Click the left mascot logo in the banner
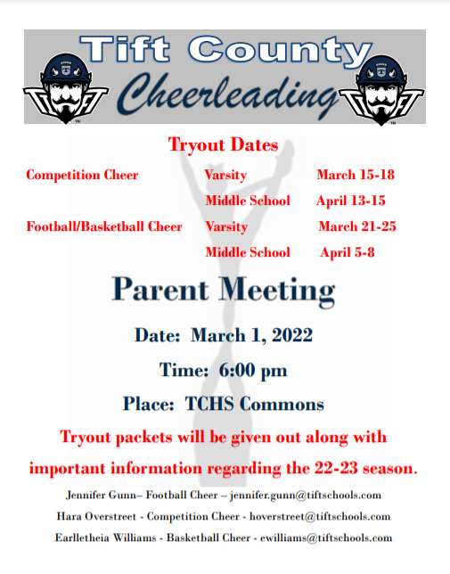point(66,88)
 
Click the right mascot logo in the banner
point(381,90)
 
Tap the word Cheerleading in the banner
point(227,94)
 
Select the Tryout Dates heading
point(223,144)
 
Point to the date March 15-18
point(356,175)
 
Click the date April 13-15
point(351,201)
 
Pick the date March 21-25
point(357,226)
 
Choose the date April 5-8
point(348,252)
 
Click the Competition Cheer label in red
point(82,175)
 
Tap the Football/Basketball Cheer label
point(104,226)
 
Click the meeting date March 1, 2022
point(251,335)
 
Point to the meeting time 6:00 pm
point(253,370)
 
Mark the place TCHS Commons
point(255,404)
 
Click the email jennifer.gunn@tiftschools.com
point(306,496)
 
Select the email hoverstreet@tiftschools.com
point(320,517)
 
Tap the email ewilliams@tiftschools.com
point(326,537)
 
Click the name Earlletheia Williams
point(106,537)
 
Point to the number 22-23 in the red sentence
point(336,468)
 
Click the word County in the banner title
point(280,51)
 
